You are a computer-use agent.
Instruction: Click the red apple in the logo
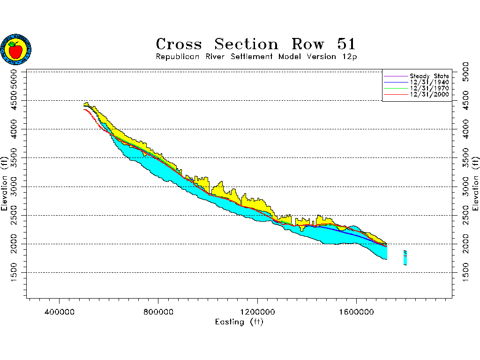pyautogui.click(x=15, y=50)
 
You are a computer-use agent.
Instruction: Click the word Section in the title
pyautogui.click(x=246, y=45)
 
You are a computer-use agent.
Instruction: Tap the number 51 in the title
pyautogui.click(x=346, y=45)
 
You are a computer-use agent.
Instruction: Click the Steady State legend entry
pyautogui.click(x=429, y=76)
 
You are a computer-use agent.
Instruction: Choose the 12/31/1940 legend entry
pyautogui.click(x=429, y=82)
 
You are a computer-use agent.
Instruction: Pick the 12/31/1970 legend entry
pyautogui.click(x=429, y=88)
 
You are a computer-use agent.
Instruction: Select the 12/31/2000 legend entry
pyautogui.click(x=429, y=94)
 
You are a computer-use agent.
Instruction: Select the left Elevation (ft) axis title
pyautogui.click(x=5, y=183)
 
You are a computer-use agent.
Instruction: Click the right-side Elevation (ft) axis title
pyautogui.click(x=475, y=183)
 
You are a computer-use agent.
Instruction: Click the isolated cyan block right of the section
pyautogui.click(x=405, y=258)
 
